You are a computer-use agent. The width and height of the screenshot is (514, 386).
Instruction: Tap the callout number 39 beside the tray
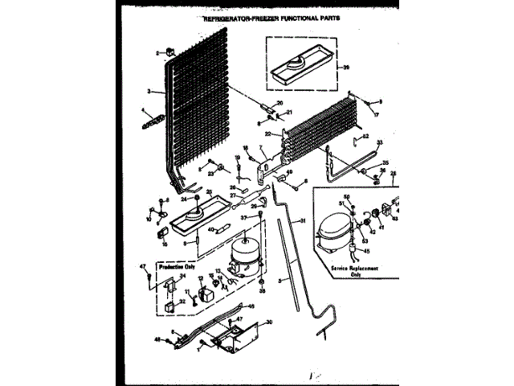tap(346, 68)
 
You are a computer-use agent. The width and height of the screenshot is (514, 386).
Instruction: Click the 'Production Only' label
tap(177, 265)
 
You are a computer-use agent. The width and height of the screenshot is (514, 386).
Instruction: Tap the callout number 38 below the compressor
tap(262, 291)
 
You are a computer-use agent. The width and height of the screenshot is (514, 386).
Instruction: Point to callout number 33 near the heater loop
tap(381, 143)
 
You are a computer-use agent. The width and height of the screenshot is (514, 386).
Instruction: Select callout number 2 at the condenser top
tap(159, 52)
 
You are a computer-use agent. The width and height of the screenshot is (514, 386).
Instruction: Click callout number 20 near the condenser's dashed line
tap(280, 103)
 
